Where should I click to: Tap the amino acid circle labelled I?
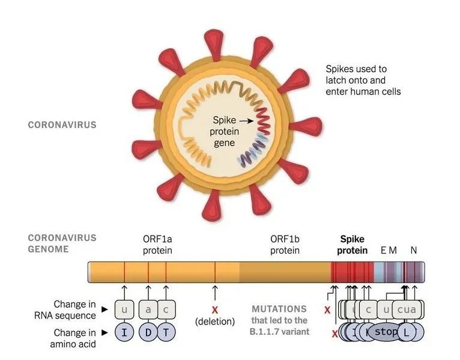coord(124,332)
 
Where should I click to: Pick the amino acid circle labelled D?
coord(148,332)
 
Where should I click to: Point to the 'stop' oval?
coord(386,332)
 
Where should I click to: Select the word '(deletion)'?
coord(214,322)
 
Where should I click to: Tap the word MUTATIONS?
coord(279,309)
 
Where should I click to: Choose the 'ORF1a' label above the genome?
coord(157,239)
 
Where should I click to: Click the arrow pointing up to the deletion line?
coord(214,291)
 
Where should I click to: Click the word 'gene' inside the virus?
coord(225,143)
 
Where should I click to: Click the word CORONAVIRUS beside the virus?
coord(62,125)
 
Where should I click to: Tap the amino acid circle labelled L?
coord(407,332)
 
